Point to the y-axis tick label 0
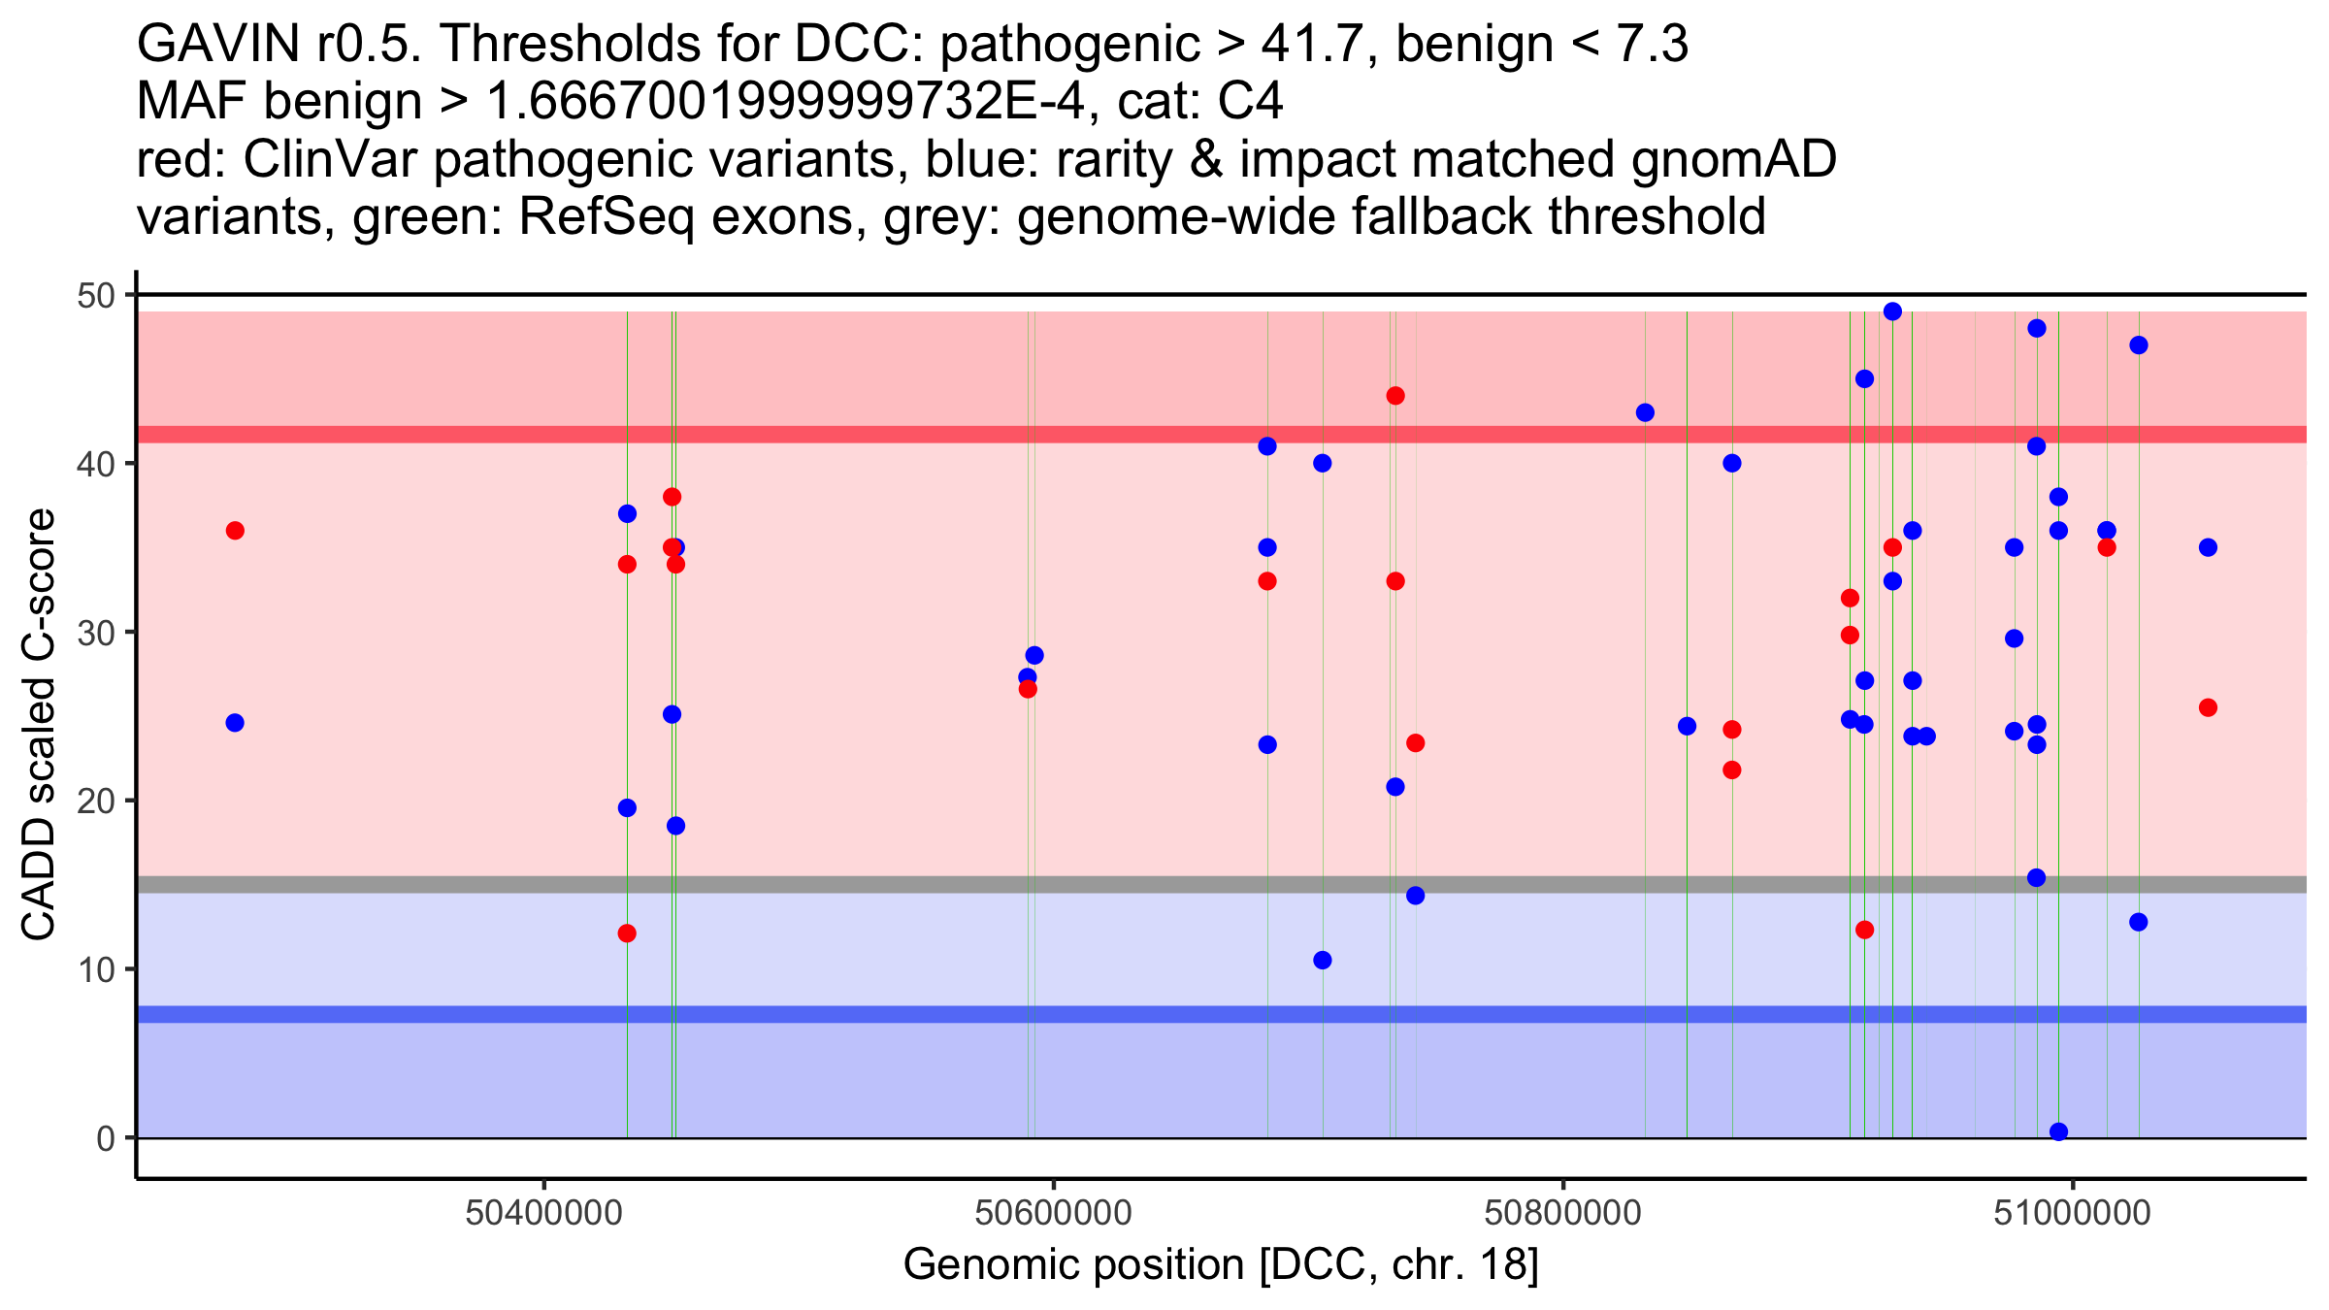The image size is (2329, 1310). coord(106,1138)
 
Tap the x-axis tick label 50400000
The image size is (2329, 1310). coord(543,1213)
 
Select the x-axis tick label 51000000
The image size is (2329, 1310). coord(2073,1213)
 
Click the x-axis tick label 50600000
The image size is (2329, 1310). coord(1053,1213)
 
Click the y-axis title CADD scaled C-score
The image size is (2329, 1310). coord(39,725)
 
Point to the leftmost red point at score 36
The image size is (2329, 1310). coord(235,531)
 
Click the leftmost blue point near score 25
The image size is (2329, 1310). coord(235,723)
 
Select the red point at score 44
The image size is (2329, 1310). coord(1395,396)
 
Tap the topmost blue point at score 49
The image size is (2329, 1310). coord(1892,311)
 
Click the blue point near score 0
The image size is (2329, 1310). coord(2058,1131)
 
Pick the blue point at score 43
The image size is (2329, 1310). coord(1645,412)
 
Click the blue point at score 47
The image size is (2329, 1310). coord(2139,345)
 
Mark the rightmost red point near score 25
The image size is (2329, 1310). coord(2208,707)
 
